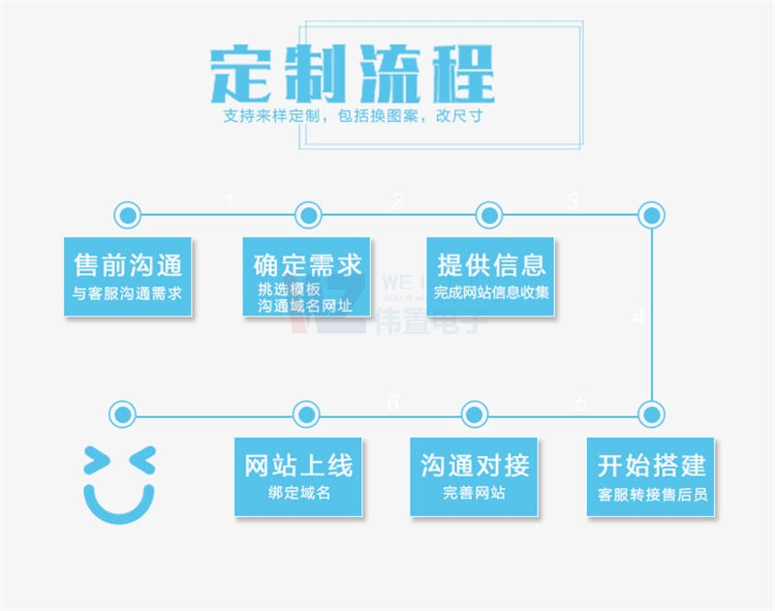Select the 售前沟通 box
(128, 276)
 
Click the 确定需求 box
(306, 276)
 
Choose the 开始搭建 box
(651, 476)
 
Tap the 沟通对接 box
(474, 476)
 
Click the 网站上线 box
(298, 476)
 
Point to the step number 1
(229, 201)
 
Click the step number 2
(397, 201)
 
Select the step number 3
(573, 200)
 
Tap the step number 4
(638, 317)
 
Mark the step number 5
(581, 402)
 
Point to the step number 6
(392, 402)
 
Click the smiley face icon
(119, 481)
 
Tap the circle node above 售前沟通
(127, 214)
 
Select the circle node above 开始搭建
(651, 414)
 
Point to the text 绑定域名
(298, 493)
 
